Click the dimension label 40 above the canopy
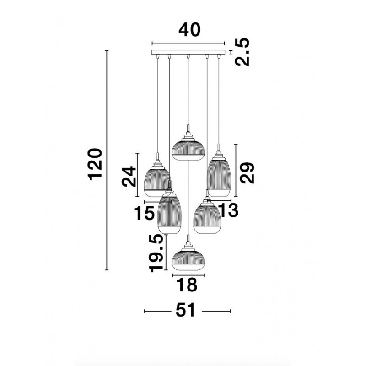point(189,30)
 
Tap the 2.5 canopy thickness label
point(242,52)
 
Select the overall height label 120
point(95,164)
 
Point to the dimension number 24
point(129,176)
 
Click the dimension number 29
point(247,173)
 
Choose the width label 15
point(144,213)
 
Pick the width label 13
point(228,210)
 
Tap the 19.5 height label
point(156,253)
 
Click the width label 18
point(187,285)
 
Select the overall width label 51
point(185,310)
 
